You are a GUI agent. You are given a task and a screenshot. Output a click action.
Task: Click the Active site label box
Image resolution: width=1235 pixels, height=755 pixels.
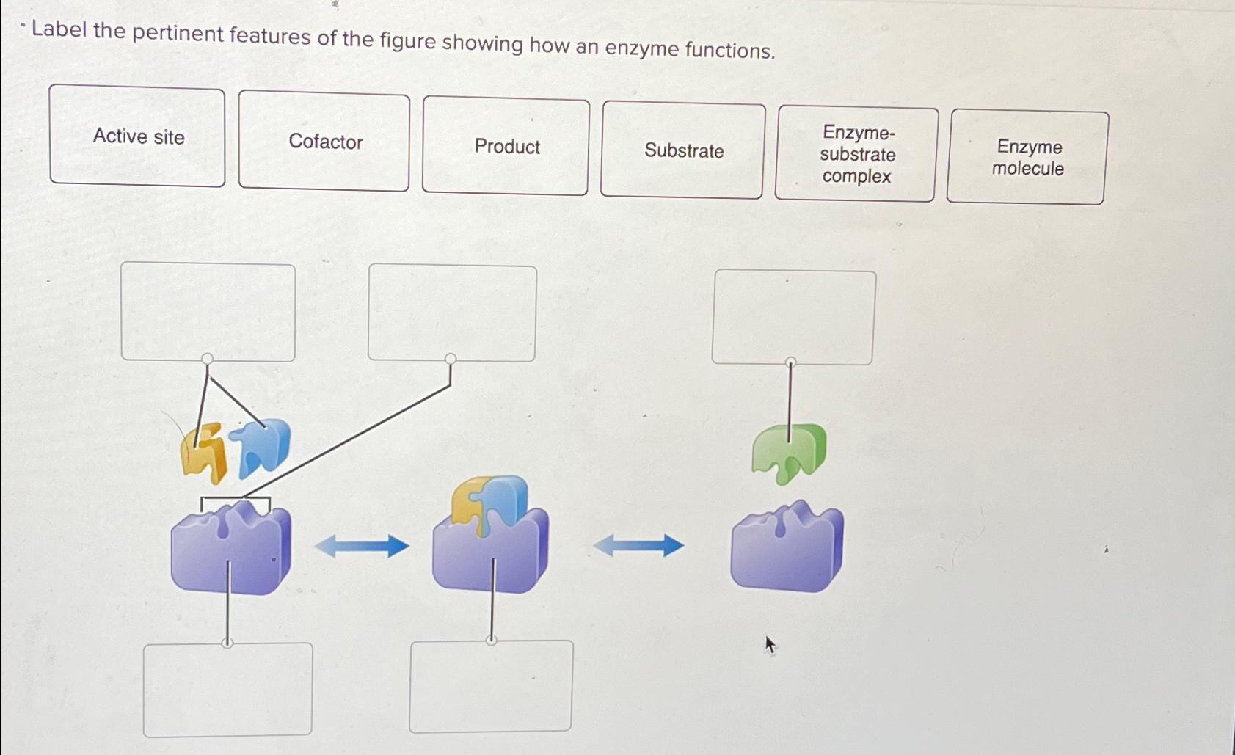(x=137, y=136)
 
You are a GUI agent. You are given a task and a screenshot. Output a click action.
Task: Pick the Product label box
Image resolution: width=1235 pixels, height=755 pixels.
(x=506, y=146)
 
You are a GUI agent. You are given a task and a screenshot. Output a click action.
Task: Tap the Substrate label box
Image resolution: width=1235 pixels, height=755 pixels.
(x=682, y=150)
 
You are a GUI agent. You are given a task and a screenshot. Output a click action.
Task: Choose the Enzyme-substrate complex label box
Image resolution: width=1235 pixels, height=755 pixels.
(x=856, y=154)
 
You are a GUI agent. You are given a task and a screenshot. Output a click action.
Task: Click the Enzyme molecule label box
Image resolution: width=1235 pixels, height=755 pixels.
(x=1027, y=157)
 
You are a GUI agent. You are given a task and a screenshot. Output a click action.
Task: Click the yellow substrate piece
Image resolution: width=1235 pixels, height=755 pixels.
(x=204, y=453)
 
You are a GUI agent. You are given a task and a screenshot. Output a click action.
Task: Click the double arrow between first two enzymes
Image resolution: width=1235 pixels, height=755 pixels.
(x=362, y=546)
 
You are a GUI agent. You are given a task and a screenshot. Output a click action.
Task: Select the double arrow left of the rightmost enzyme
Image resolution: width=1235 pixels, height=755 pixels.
(x=638, y=545)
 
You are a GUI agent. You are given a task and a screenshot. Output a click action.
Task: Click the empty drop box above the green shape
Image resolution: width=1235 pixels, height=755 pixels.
(x=793, y=317)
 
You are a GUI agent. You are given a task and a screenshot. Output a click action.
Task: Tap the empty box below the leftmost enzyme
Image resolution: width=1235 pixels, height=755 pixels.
(x=227, y=690)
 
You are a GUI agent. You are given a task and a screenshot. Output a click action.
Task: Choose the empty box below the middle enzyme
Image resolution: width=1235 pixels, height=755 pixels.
(x=491, y=686)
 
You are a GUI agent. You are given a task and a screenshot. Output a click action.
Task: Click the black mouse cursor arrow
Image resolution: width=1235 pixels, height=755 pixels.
(x=770, y=645)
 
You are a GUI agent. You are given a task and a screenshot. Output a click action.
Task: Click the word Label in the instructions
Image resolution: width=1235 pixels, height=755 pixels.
(x=59, y=30)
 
